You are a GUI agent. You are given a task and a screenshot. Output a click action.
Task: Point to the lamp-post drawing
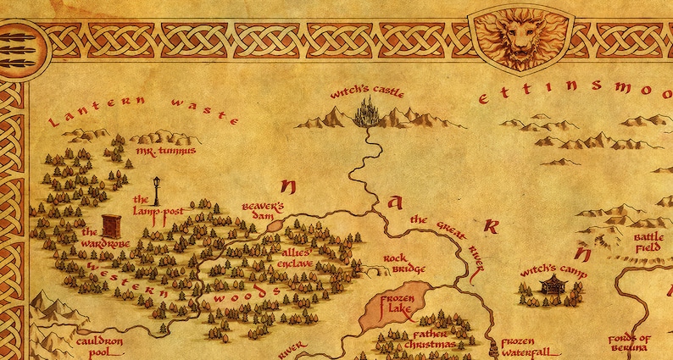[x=156, y=191]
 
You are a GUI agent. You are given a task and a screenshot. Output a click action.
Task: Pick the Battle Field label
[x=648, y=243]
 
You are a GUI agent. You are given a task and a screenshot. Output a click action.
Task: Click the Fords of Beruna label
[x=630, y=344]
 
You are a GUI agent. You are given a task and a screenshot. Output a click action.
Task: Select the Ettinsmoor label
[x=576, y=94]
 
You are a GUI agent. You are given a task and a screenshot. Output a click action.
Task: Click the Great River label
[x=447, y=236]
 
